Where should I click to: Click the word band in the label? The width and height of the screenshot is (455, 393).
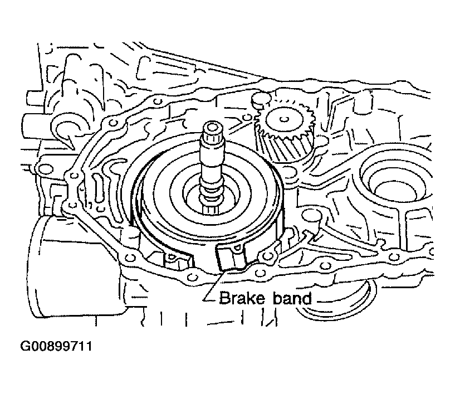pos(292,298)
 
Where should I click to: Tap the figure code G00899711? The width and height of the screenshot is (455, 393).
pos(56,346)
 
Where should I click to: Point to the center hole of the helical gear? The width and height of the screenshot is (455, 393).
pos(284,119)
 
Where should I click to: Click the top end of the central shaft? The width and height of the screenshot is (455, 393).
pos(213,127)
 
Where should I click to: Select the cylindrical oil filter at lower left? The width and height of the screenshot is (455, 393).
pos(79,267)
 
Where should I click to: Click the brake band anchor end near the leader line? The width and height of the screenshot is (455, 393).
pos(231,256)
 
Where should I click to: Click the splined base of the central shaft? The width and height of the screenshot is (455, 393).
pos(213,210)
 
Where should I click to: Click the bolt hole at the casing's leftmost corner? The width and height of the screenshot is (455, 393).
pos(43,168)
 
